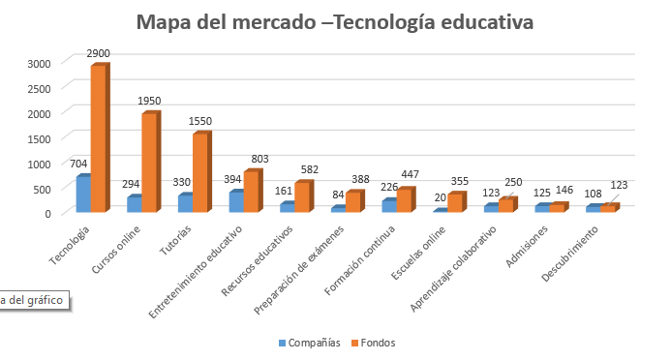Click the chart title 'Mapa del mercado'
334,21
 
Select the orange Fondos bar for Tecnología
98,138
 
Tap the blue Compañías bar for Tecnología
82,194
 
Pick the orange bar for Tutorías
199,172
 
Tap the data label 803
259,159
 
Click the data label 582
310,169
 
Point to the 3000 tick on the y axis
40,62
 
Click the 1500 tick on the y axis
40,137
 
